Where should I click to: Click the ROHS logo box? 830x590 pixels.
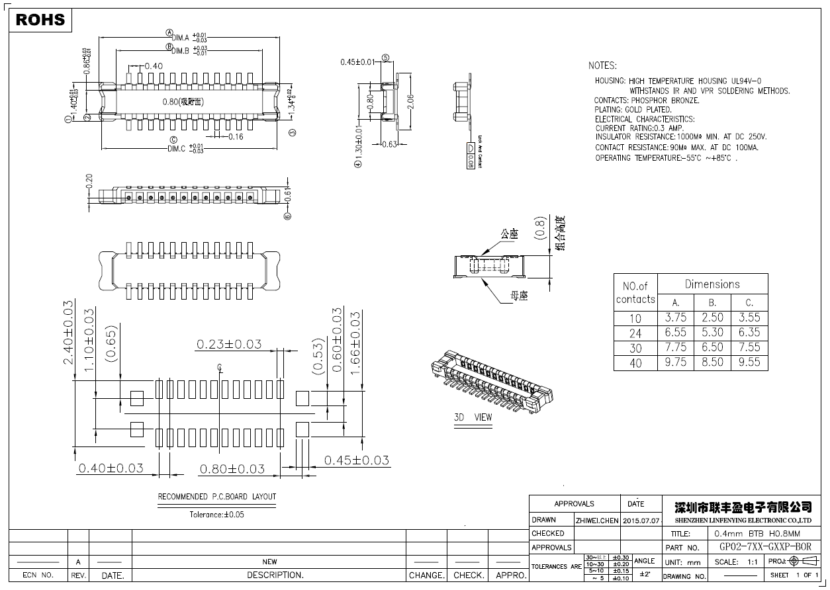40,20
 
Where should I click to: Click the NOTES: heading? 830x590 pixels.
602,65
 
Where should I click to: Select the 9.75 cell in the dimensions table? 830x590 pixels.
675,362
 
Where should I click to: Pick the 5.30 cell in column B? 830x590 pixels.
712,332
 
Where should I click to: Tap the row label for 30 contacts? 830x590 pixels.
635,348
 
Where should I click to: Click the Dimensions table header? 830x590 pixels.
712,284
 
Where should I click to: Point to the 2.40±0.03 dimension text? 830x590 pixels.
68,333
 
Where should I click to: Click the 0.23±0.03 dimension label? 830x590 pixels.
228,344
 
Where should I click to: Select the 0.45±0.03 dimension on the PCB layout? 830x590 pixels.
356,460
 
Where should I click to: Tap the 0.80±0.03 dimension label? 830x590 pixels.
232,469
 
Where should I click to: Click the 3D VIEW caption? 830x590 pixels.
473,417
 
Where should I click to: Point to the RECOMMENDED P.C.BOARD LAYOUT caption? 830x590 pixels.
216,497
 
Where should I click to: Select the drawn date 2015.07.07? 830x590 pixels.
641,521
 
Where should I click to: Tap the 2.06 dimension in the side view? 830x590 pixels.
410,101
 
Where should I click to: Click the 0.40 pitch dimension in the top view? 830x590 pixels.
154,65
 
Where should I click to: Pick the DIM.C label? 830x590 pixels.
177,149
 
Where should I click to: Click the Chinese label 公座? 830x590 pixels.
509,233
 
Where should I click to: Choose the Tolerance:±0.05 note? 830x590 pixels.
216,514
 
